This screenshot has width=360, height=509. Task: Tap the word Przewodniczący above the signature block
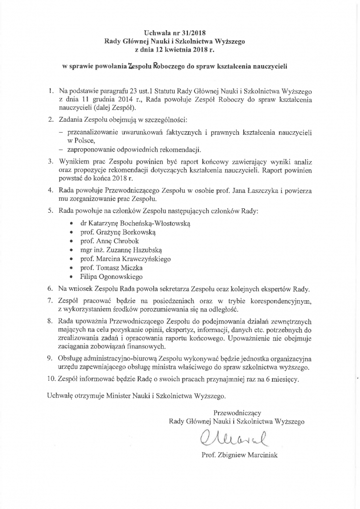pos(237,413)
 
